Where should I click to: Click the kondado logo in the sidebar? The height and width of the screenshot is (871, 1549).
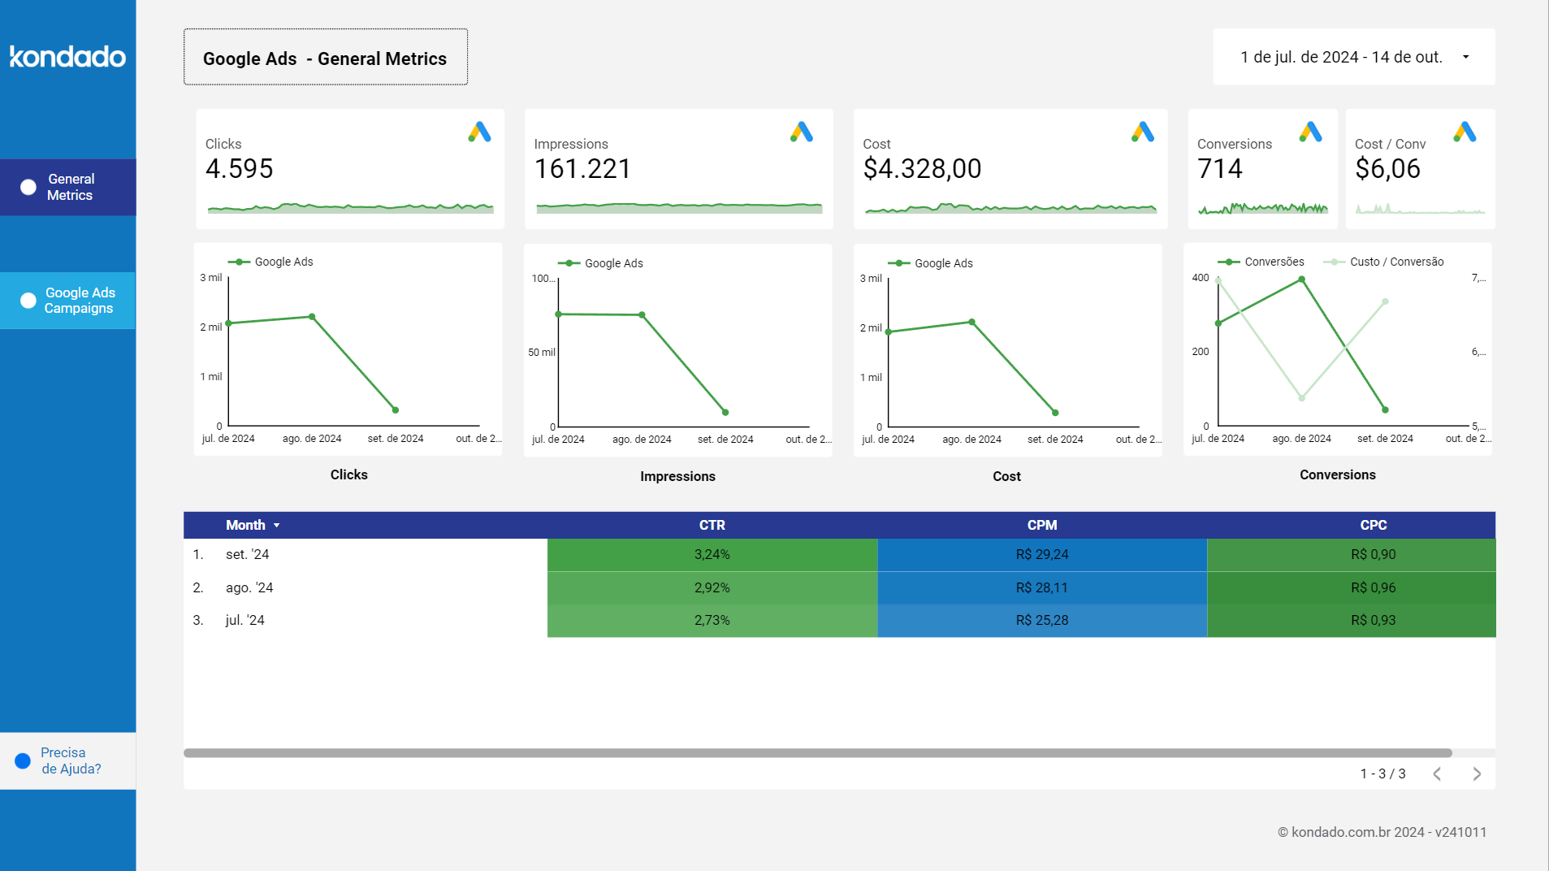point(67,56)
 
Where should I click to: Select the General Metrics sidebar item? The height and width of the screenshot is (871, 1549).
point(68,187)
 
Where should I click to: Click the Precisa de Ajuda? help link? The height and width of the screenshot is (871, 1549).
point(70,760)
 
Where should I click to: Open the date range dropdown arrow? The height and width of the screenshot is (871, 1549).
point(1465,57)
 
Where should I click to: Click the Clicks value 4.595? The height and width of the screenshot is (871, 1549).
point(239,169)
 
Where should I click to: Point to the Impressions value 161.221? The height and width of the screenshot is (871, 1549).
point(582,169)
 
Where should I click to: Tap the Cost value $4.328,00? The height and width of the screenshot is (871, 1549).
point(922,169)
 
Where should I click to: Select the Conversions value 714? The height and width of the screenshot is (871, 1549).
point(1219,169)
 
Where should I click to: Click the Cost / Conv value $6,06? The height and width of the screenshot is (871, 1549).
point(1387,169)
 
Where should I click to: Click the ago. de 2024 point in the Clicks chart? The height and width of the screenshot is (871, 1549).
point(312,317)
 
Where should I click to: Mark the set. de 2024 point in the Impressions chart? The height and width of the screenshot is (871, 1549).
point(725,412)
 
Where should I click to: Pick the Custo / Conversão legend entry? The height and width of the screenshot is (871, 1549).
point(1395,262)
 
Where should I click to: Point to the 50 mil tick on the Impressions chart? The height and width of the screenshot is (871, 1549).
point(541,353)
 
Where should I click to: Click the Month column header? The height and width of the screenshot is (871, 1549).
point(245,525)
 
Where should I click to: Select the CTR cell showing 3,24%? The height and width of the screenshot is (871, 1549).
point(712,554)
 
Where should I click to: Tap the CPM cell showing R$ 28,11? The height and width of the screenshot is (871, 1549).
point(1041,587)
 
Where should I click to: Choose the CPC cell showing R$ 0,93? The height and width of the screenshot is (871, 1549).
point(1373,620)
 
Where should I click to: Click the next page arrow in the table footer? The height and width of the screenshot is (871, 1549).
point(1477,773)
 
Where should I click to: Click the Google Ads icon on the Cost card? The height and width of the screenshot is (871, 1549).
point(1142,132)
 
